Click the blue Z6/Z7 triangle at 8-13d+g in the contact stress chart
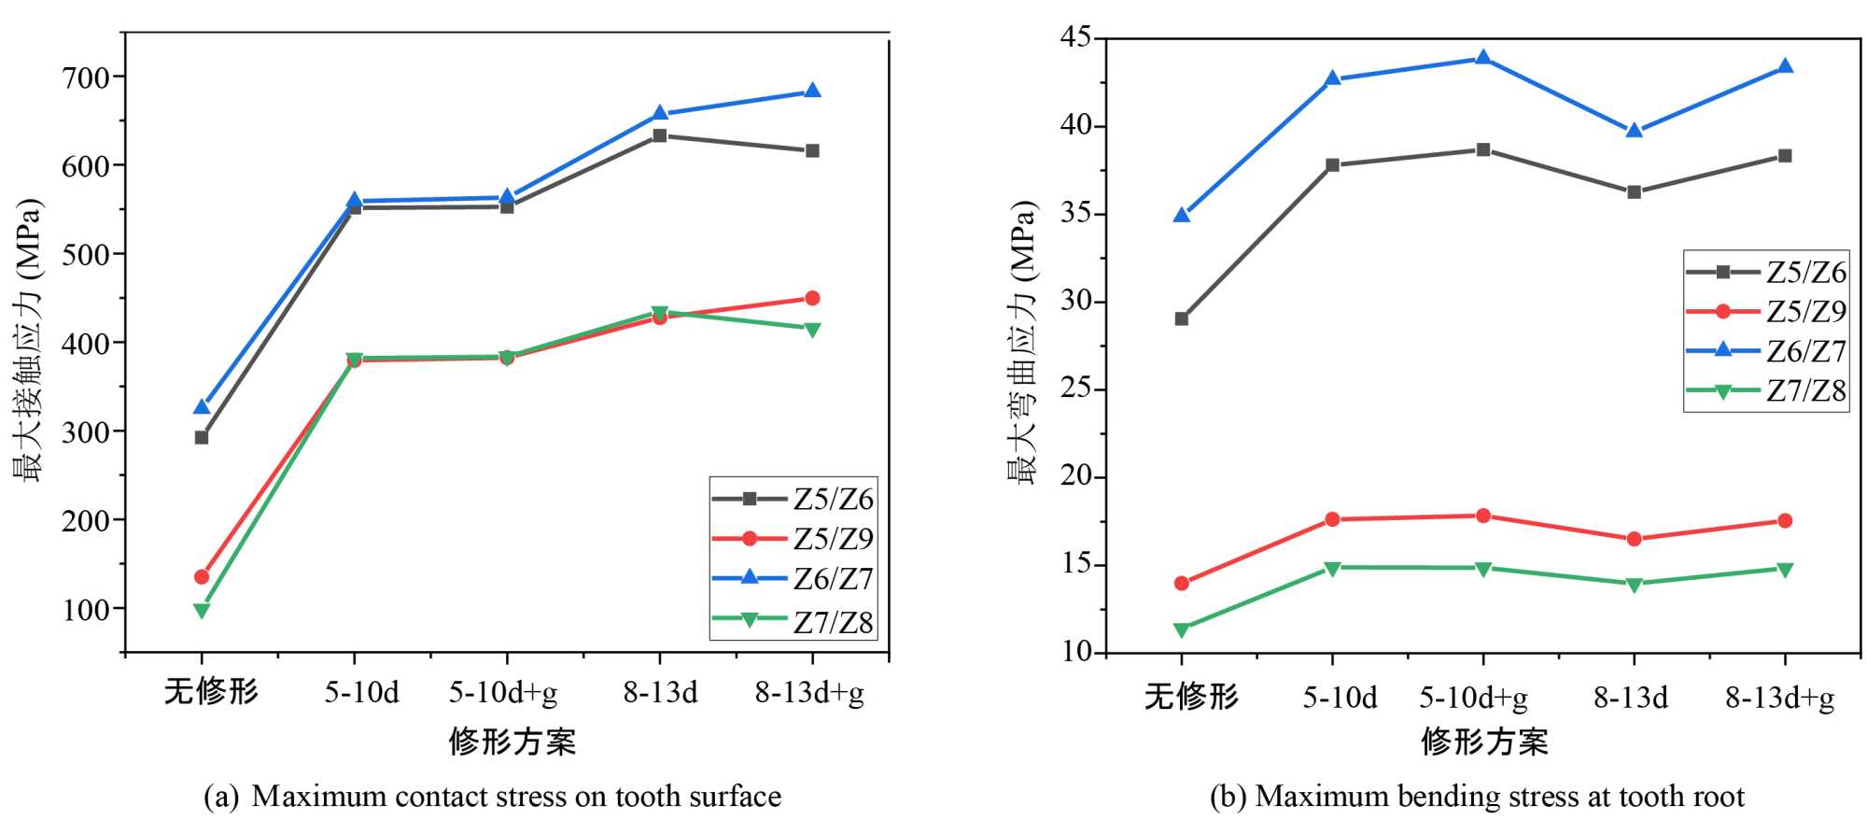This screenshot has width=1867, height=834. (812, 91)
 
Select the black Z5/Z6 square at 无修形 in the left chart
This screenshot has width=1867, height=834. (202, 437)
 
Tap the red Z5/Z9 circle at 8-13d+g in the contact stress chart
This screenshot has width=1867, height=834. (812, 298)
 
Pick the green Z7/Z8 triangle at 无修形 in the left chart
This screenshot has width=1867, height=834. (202, 611)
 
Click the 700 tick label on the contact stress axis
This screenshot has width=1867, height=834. (86, 78)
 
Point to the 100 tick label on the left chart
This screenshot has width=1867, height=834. (86, 610)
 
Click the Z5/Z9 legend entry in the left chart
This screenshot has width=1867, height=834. (793, 539)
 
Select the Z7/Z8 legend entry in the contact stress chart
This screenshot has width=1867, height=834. (793, 621)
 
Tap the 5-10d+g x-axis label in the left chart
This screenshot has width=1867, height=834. (503, 692)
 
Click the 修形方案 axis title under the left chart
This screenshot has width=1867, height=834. (512, 742)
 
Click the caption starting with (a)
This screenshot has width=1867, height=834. (493, 797)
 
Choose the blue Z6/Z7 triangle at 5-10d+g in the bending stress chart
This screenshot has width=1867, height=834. (1482, 58)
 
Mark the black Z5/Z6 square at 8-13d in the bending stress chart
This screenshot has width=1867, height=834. (1634, 192)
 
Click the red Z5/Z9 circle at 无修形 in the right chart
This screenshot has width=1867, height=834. (1182, 584)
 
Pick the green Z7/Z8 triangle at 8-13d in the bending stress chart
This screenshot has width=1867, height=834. (1634, 585)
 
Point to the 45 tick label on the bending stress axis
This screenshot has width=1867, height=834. (1076, 37)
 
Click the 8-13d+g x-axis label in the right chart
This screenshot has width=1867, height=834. (1779, 698)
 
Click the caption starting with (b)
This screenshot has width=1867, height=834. (1477, 797)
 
